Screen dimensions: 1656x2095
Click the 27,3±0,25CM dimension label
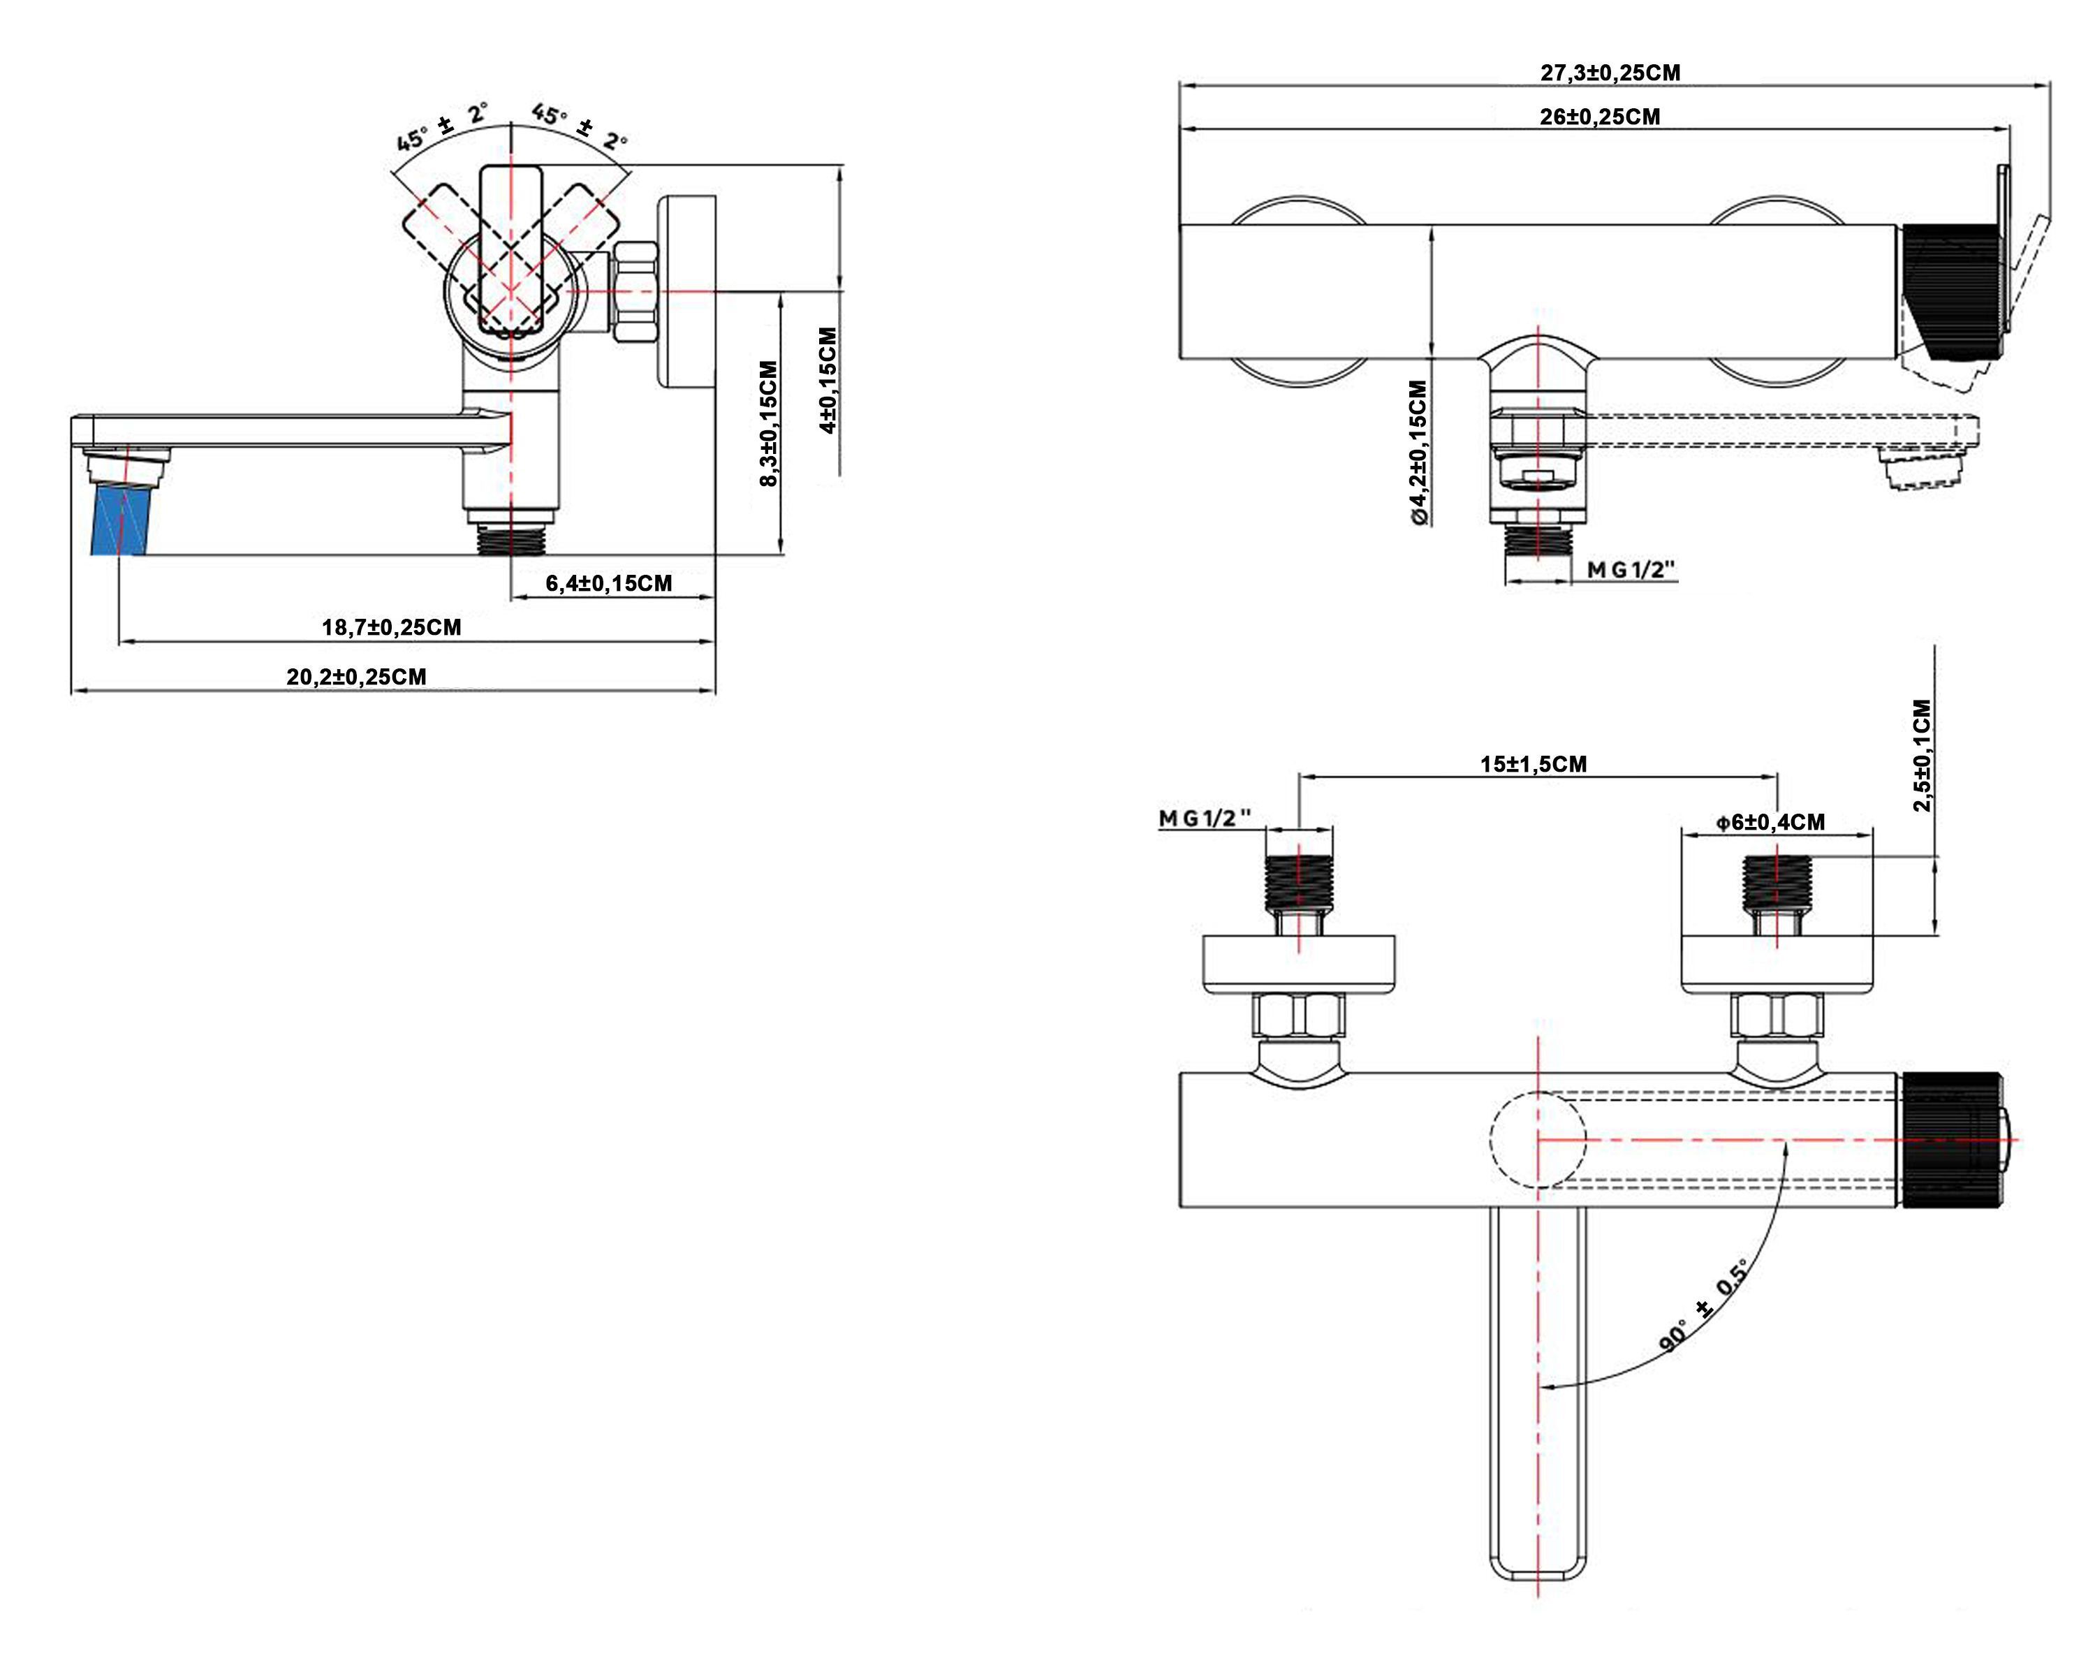tap(1610, 73)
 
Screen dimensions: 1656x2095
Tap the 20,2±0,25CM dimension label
tap(355, 677)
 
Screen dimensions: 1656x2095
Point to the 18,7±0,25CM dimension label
tap(392, 627)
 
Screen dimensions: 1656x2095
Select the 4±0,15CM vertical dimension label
tap(827, 380)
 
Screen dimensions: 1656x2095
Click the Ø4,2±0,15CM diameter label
tap(1418, 453)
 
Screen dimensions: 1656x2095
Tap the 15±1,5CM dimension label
tap(1533, 764)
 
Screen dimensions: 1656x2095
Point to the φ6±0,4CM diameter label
tap(1770, 822)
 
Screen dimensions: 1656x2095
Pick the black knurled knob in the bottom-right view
tap(1950, 1139)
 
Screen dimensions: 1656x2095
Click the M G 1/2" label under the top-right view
tap(1631, 570)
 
